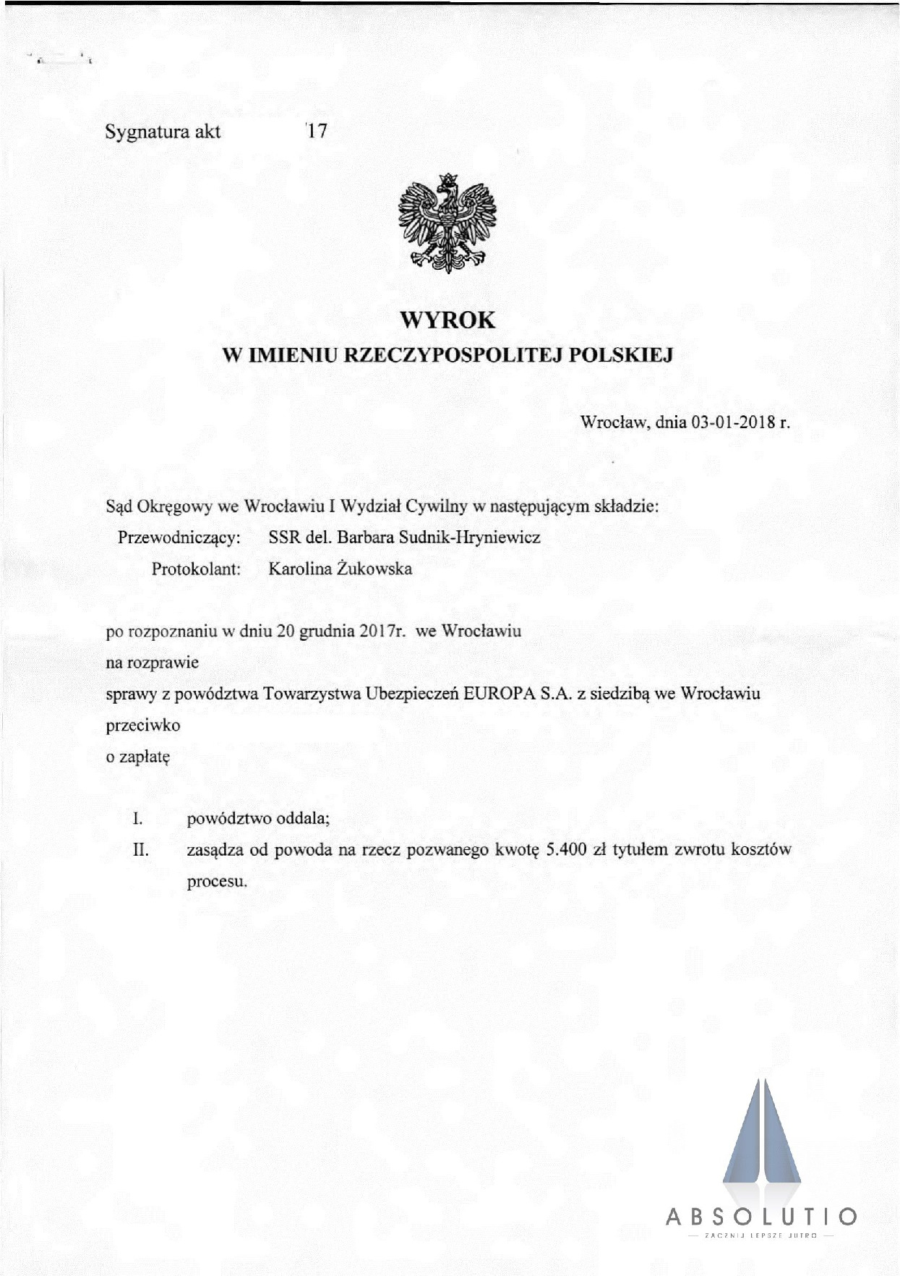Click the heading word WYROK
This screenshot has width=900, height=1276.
(447, 320)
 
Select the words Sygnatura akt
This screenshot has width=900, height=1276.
(163, 132)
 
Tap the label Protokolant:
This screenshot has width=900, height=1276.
(195, 569)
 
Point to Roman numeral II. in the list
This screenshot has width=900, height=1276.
(141, 849)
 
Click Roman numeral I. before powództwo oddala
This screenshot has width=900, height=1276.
(136, 819)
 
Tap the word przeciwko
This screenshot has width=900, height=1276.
(143, 725)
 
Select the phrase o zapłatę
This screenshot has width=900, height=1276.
(137, 757)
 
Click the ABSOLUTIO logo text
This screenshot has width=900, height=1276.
(762, 1217)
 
